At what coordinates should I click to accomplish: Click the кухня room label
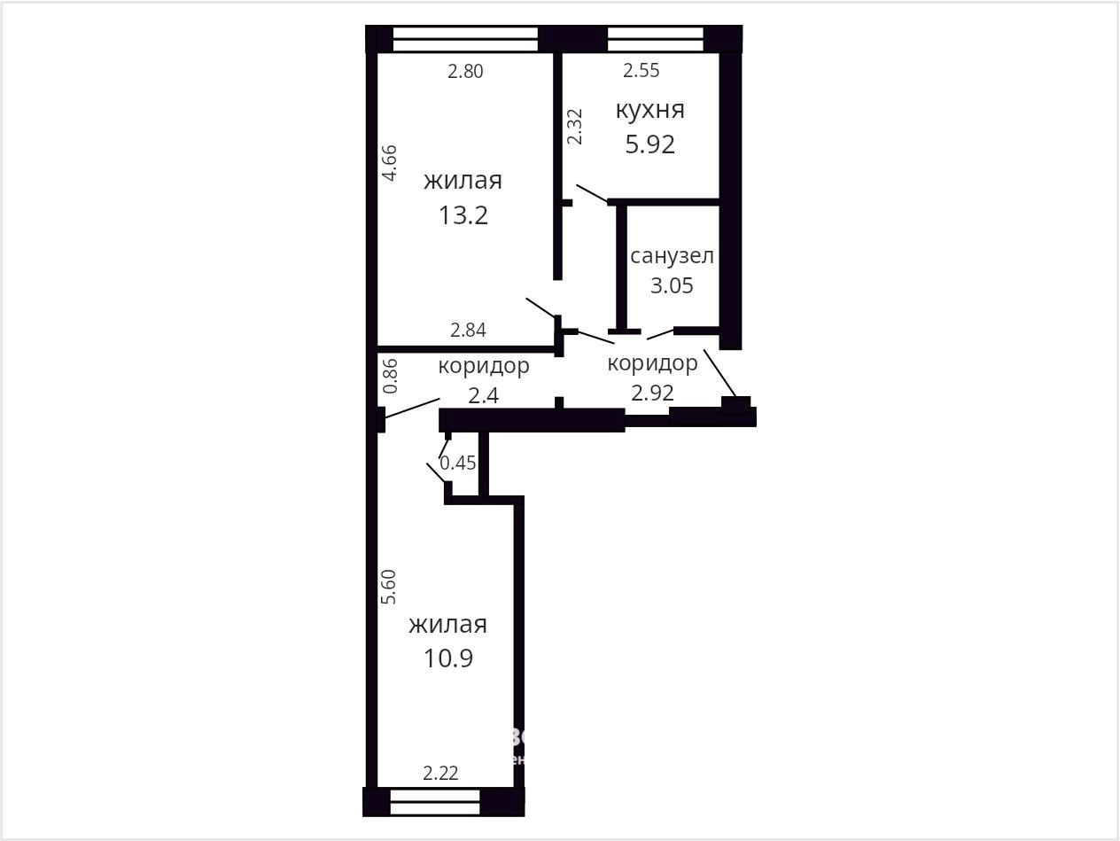point(649,111)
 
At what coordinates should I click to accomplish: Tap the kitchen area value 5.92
point(650,144)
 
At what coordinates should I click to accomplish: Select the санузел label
point(672,256)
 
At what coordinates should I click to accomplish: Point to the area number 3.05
point(672,285)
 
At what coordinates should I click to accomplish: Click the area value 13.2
point(463,215)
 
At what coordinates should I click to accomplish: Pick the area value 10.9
point(448,658)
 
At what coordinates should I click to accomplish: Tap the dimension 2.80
point(465,72)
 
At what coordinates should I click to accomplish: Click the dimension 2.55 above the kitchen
point(641,70)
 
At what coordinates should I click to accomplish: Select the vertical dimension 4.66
point(390,163)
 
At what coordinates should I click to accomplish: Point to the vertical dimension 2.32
point(574,127)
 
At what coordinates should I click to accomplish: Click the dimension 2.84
point(468,331)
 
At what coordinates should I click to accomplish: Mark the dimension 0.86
point(390,376)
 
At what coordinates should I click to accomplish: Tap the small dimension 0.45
point(458,463)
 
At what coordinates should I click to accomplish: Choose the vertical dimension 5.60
point(389,587)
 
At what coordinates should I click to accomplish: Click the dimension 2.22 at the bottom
point(440,773)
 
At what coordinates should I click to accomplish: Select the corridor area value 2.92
point(652,393)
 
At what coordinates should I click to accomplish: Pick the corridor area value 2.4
point(483,395)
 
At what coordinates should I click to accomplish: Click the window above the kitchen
point(655,39)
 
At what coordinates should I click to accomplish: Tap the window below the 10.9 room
point(435,803)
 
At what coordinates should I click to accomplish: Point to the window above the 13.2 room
point(465,39)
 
